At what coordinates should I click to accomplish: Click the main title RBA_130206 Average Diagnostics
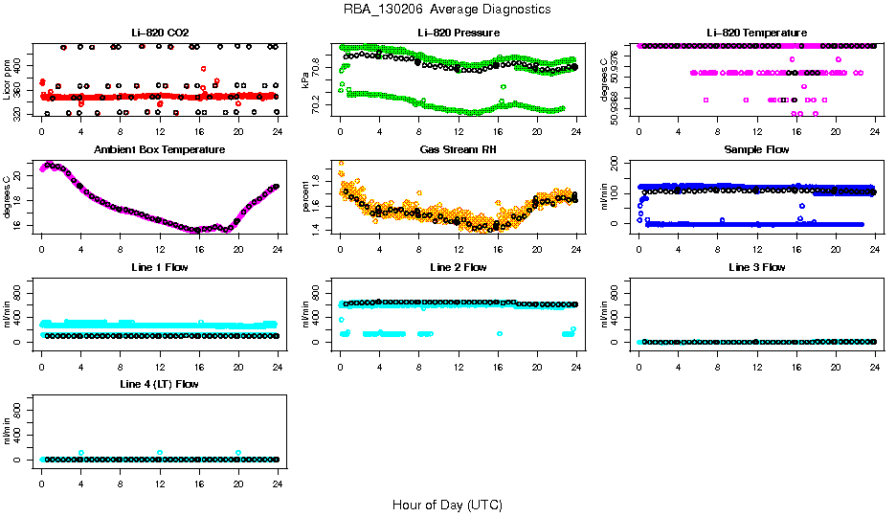point(447,10)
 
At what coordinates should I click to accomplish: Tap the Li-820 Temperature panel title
point(756,34)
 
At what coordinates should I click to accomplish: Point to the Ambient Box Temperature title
point(160,150)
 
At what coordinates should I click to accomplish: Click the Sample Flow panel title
point(756,150)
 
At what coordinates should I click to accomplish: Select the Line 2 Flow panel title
point(459,267)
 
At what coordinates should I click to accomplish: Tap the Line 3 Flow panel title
point(756,267)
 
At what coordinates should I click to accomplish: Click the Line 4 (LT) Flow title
point(160,384)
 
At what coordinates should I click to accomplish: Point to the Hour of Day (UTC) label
point(447,505)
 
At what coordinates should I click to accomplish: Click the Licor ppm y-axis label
point(8,79)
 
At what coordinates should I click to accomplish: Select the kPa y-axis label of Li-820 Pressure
point(306,79)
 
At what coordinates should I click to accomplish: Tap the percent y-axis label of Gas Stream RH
point(306,196)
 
